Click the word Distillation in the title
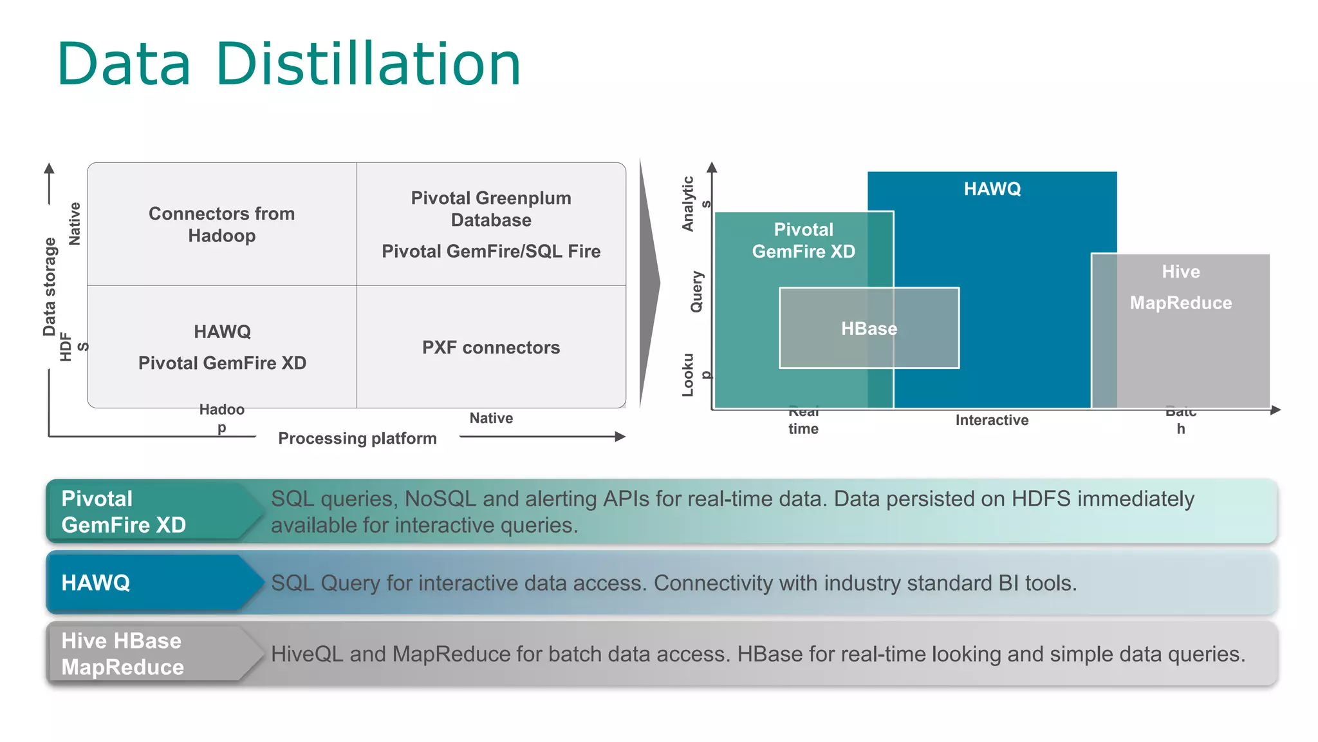click(367, 64)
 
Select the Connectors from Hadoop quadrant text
click(221, 224)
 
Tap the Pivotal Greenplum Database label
click(491, 209)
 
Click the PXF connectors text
click(491, 348)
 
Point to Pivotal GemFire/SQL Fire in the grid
click(491, 251)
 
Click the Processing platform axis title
click(357, 439)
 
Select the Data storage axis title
click(50, 287)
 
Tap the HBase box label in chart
click(869, 328)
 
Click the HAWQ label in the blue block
click(992, 189)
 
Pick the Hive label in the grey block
click(1180, 272)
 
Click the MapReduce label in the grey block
click(1180, 303)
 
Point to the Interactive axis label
click(992, 421)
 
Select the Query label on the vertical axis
click(697, 292)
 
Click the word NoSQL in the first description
click(440, 499)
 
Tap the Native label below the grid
click(491, 419)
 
